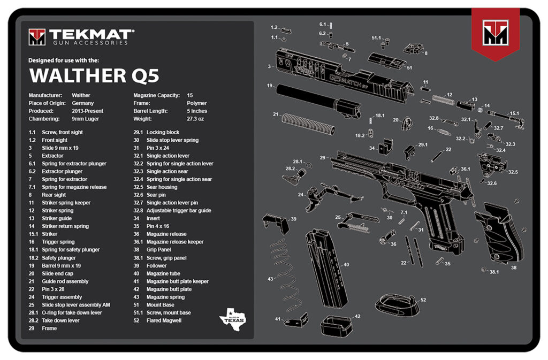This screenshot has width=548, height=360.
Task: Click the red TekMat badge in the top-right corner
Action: pyautogui.click(x=495, y=33)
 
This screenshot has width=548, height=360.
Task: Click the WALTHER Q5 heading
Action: pyautogui.click(x=94, y=76)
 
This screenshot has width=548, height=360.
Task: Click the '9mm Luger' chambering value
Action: pyautogui.click(x=86, y=119)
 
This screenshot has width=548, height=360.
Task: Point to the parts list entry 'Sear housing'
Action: pyautogui.click(x=162, y=187)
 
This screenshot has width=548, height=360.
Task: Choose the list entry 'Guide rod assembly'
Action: pyautogui.click(x=65, y=281)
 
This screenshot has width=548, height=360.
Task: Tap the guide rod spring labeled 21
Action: pyautogui.click(x=308, y=123)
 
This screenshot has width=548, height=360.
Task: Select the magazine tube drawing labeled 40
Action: pyautogui.click(x=326, y=267)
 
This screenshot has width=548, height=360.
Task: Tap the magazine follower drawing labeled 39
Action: pyautogui.click(x=275, y=222)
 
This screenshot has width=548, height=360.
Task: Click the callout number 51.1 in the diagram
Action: pyautogui.click(x=376, y=37)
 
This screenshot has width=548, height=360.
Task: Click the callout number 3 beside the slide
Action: pyautogui.click(x=269, y=66)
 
